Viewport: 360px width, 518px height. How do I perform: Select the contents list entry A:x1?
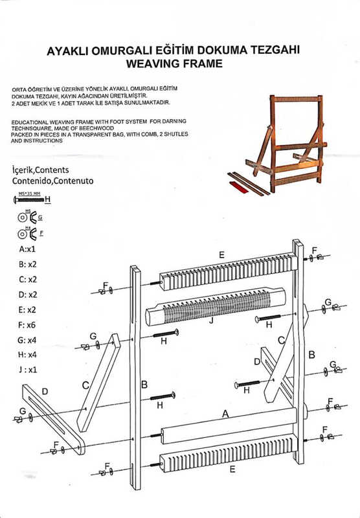tap(27, 248)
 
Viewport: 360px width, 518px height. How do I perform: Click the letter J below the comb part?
tap(212, 319)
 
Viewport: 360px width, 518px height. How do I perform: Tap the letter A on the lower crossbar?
tap(225, 412)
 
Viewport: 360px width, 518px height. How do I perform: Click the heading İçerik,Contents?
tap(41, 168)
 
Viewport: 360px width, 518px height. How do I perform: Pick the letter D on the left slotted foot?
tap(44, 392)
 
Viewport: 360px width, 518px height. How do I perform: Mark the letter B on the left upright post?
tap(144, 385)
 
